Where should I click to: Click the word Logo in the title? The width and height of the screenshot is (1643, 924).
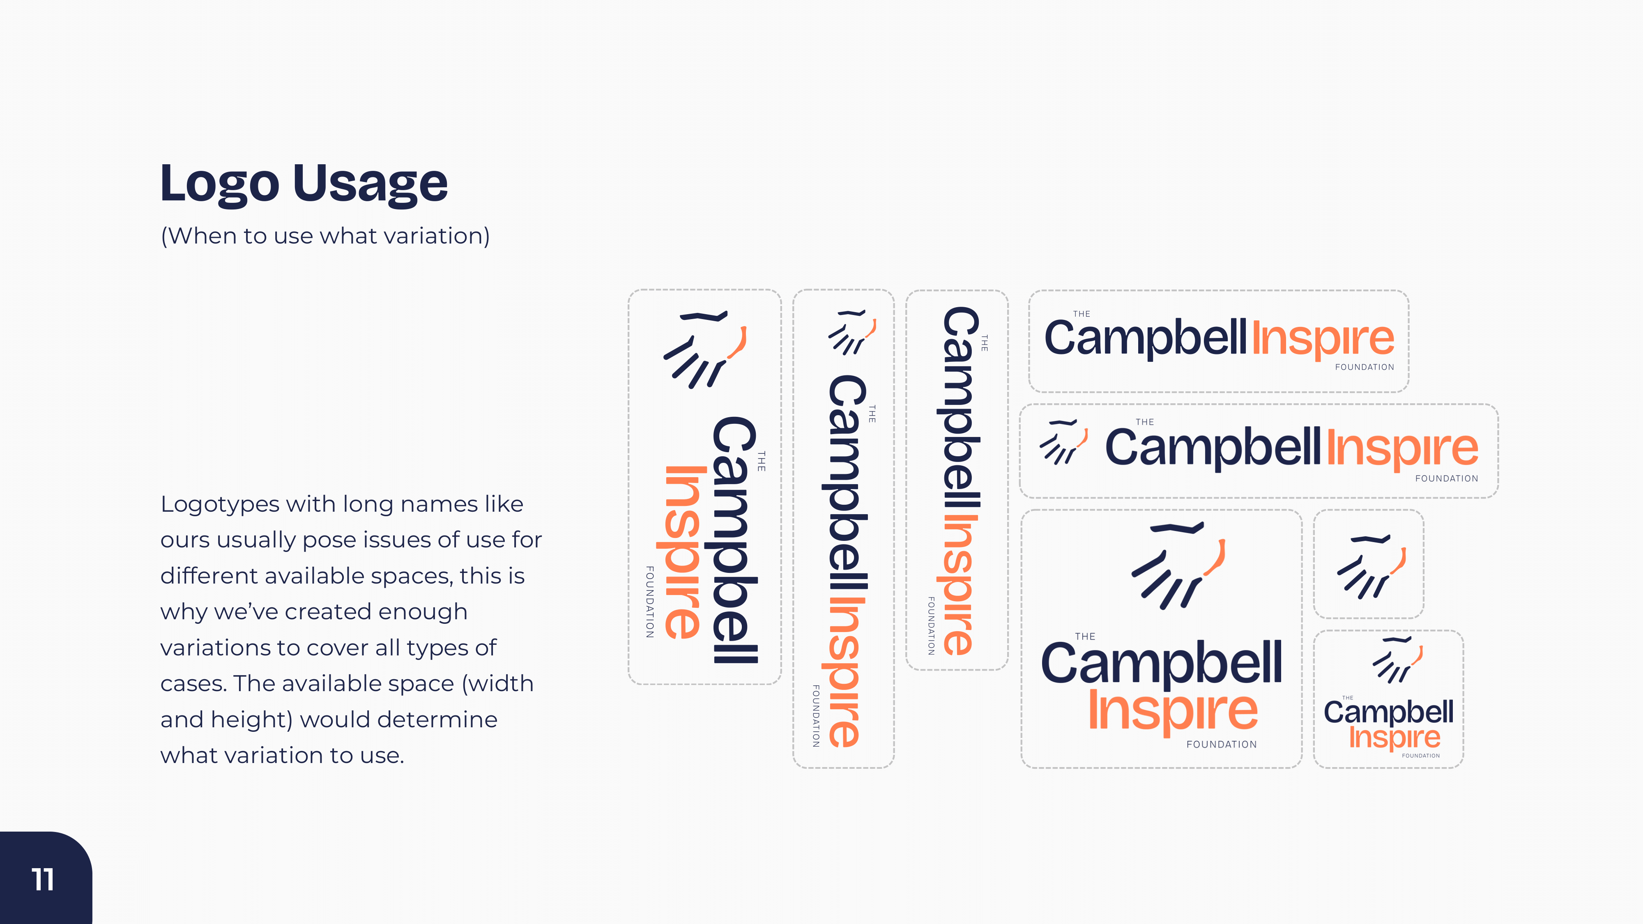219,185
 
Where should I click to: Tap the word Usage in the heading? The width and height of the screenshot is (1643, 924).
370,185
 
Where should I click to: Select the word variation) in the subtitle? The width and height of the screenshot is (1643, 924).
437,237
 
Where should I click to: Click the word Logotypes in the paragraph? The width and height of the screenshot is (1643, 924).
219,504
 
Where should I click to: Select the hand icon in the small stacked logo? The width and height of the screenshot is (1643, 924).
1397,660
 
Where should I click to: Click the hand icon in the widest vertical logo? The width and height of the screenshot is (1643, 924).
705,348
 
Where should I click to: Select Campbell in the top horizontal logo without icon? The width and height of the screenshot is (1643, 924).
1145,339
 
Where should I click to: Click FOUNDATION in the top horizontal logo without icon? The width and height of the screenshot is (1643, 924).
1364,367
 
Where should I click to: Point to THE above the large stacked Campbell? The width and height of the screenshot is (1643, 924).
1085,637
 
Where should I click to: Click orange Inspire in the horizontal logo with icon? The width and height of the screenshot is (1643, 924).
1402,449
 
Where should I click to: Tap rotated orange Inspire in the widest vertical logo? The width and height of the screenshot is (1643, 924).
684,552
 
